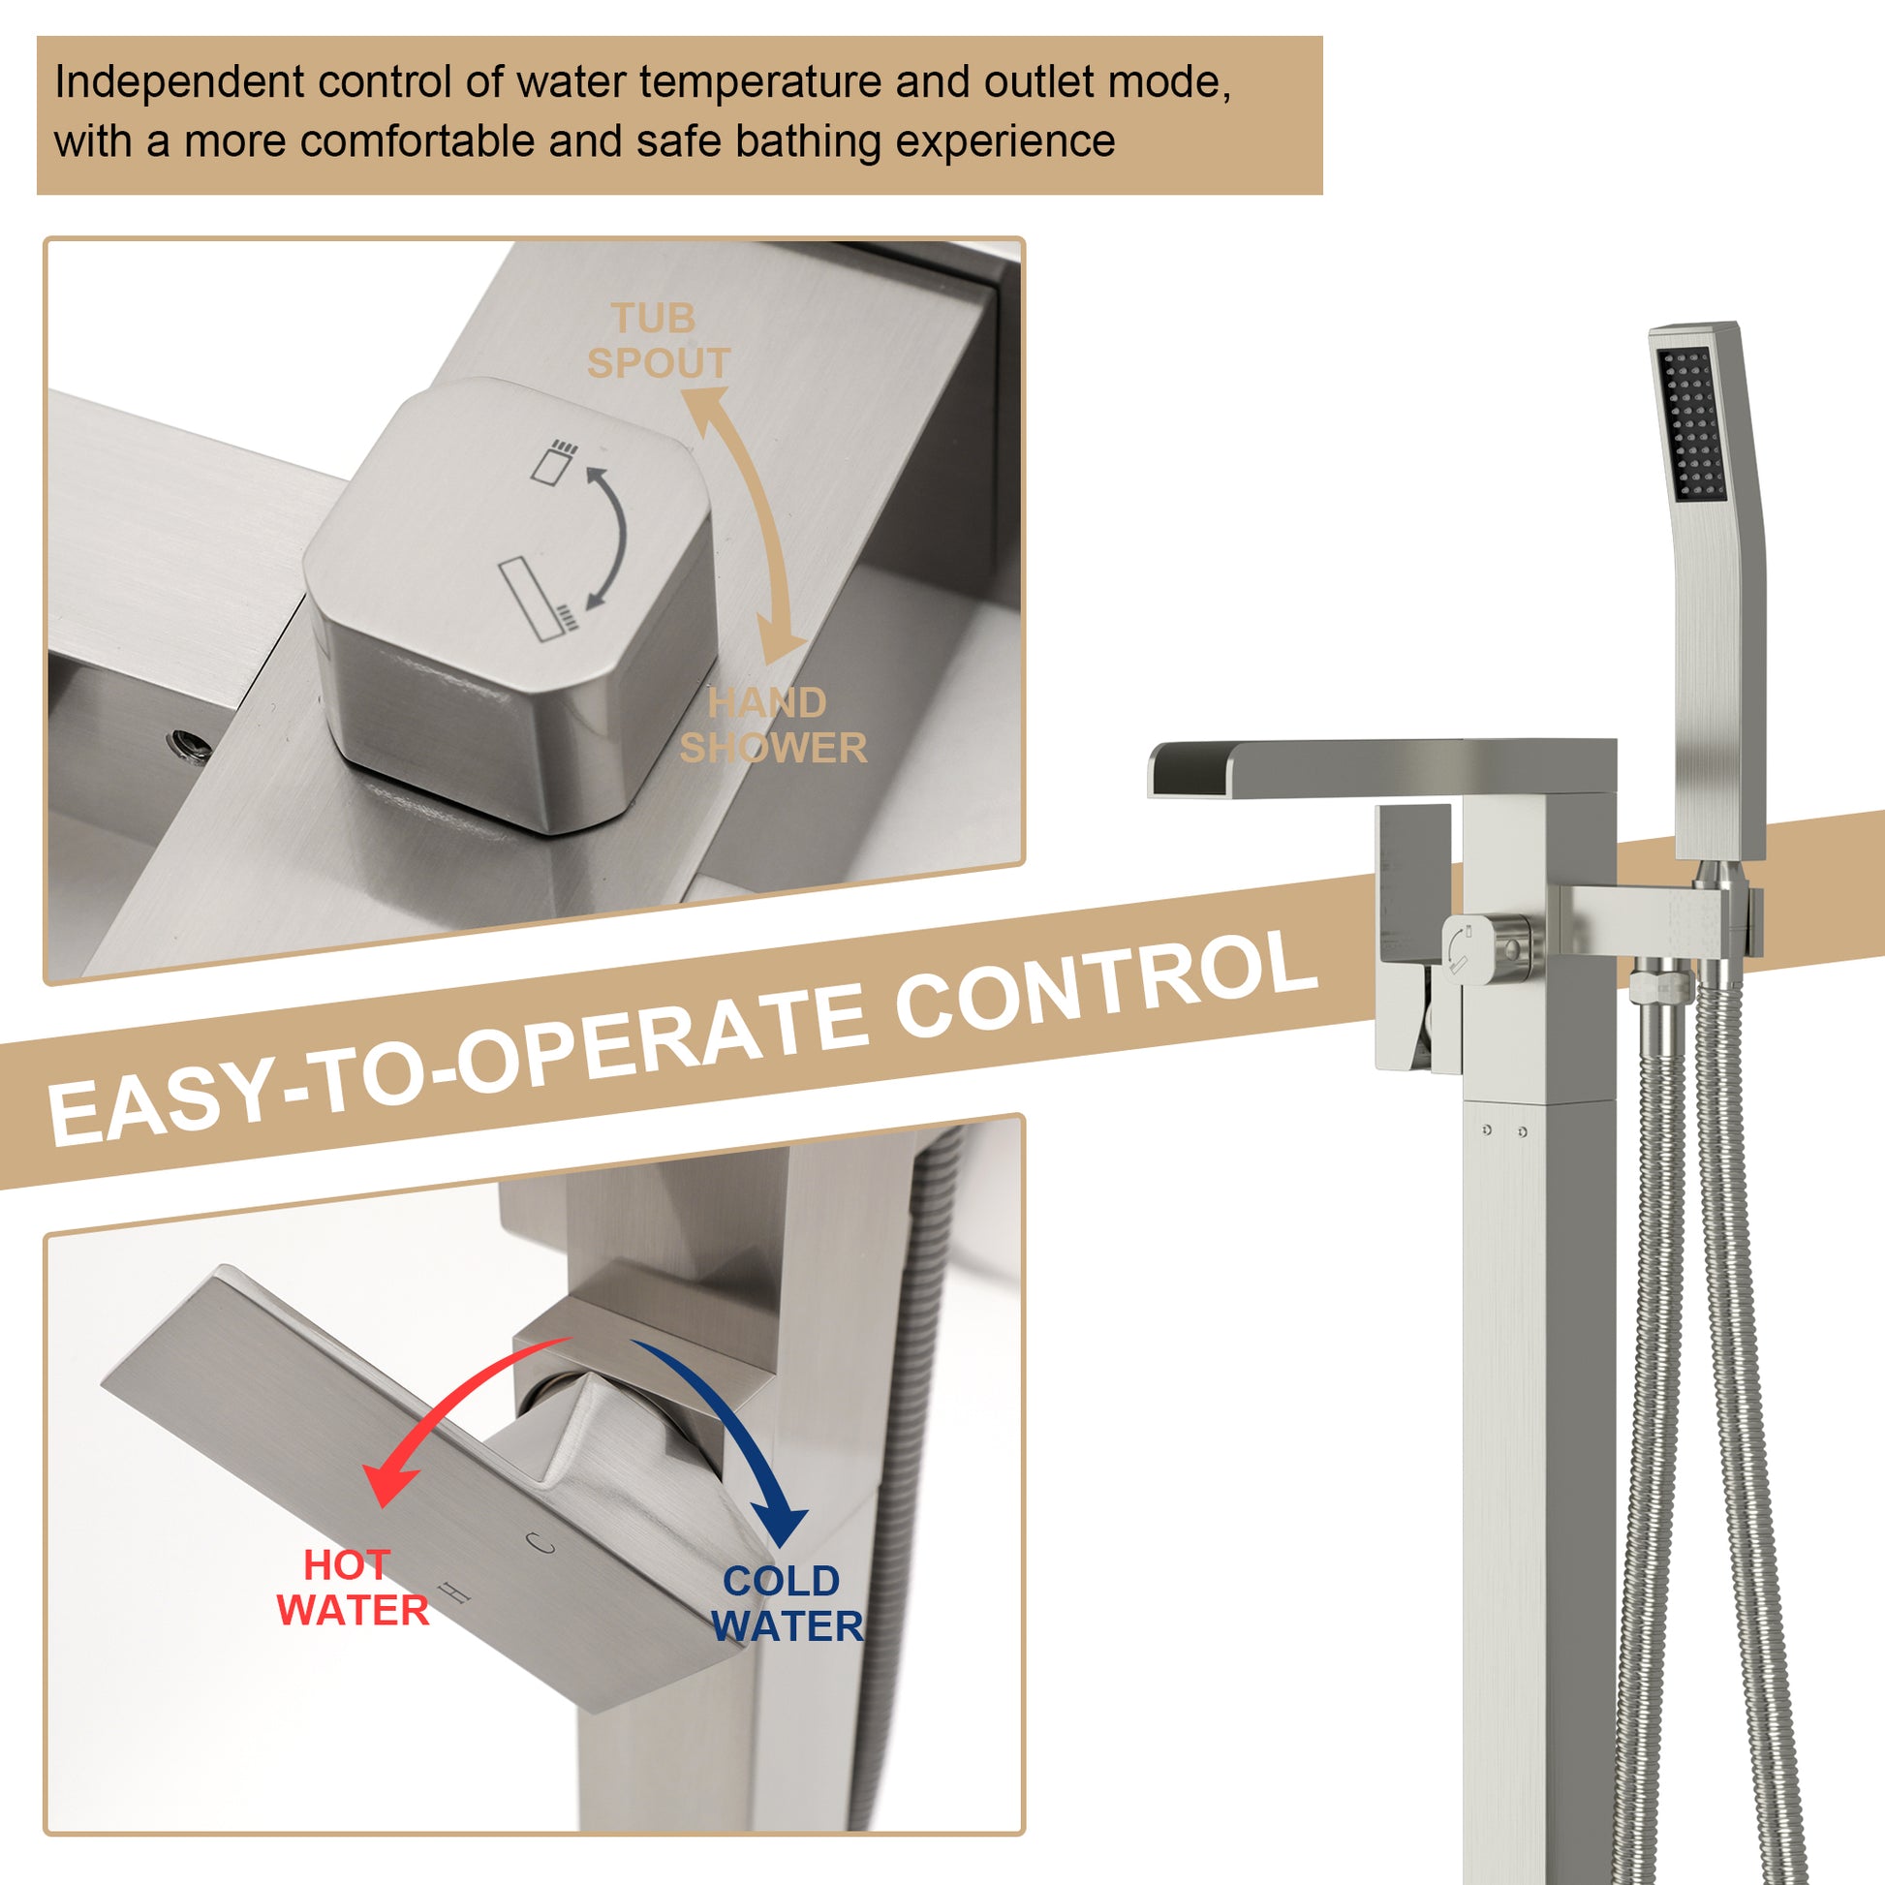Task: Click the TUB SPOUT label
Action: (x=658, y=341)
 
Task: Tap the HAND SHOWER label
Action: (x=773, y=725)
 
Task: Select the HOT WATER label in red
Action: (x=353, y=1588)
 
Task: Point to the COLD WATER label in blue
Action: (x=787, y=1603)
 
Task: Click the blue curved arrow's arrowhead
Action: (x=781, y=1525)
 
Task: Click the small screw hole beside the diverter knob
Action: (x=189, y=744)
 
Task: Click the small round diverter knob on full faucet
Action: (x=1468, y=945)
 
